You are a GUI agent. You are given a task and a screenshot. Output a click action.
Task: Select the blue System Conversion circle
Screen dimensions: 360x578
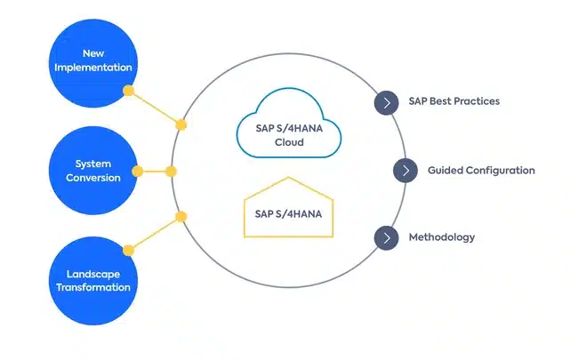coord(93,171)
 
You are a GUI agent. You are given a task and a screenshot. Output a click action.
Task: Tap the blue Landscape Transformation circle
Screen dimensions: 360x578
coord(93,281)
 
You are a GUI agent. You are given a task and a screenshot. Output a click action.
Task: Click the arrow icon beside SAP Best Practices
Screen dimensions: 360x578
coord(386,102)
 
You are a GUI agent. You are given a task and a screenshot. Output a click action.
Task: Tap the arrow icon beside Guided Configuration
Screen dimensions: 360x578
coord(405,170)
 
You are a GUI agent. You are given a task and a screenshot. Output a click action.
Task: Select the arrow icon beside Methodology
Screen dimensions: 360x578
coord(386,238)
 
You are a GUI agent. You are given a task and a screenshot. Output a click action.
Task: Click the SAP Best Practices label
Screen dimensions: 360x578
coord(454,101)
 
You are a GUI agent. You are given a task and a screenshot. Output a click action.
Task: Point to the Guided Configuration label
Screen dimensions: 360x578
coord(481,170)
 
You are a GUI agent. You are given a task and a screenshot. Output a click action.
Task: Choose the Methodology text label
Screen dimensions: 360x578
coord(441,237)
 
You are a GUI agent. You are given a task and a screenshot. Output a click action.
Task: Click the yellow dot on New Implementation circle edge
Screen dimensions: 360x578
coord(128,91)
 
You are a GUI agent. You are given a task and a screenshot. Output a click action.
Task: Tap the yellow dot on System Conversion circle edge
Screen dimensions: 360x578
coord(138,171)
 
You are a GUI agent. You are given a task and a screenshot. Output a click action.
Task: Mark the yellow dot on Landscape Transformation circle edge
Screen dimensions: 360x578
coord(128,250)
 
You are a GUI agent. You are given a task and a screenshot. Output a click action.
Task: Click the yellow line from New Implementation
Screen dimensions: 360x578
coord(155,108)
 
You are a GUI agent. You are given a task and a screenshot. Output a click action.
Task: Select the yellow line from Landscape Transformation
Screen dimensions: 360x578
coord(155,233)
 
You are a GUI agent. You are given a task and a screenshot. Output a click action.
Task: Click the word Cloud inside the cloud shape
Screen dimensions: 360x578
coord(289,142)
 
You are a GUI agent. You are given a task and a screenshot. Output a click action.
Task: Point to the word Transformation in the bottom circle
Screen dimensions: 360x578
coord(93,288)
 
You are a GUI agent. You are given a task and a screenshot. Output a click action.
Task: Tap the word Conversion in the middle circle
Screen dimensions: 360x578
coord(93,177)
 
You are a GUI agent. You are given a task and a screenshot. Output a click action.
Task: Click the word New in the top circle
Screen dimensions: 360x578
coord(93,52)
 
